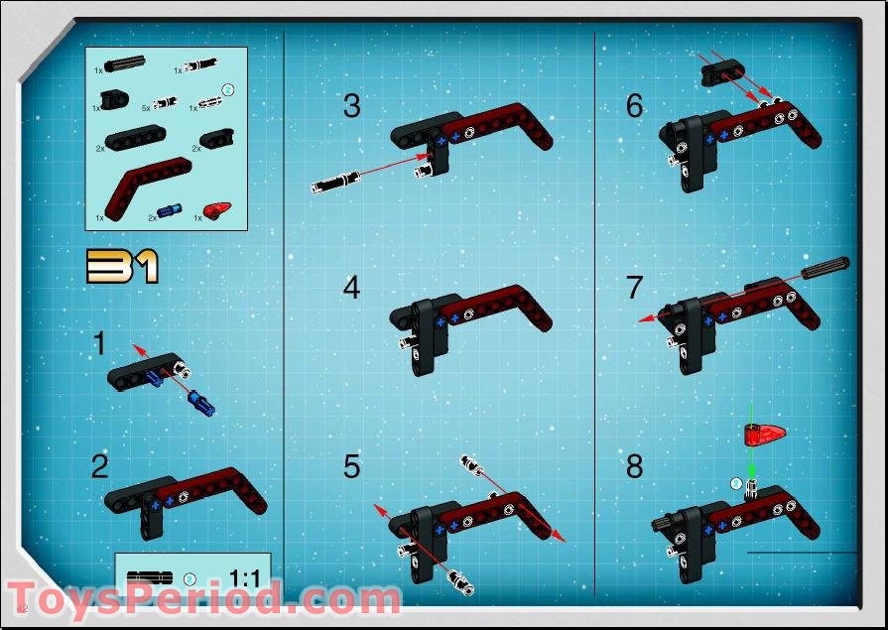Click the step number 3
point(351,106)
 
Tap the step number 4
point(351,288)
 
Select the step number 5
point(351,466)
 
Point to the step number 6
point(635,106)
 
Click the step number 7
point(635,288)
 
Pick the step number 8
point(635,466)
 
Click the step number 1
point(99,344)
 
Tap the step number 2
point(99,466)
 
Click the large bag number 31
point(122,266)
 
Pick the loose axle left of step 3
point(335,183)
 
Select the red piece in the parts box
point(216,209)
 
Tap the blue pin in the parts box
point(172,211)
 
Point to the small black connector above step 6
point(720,71)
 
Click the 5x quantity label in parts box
point(146,106)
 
